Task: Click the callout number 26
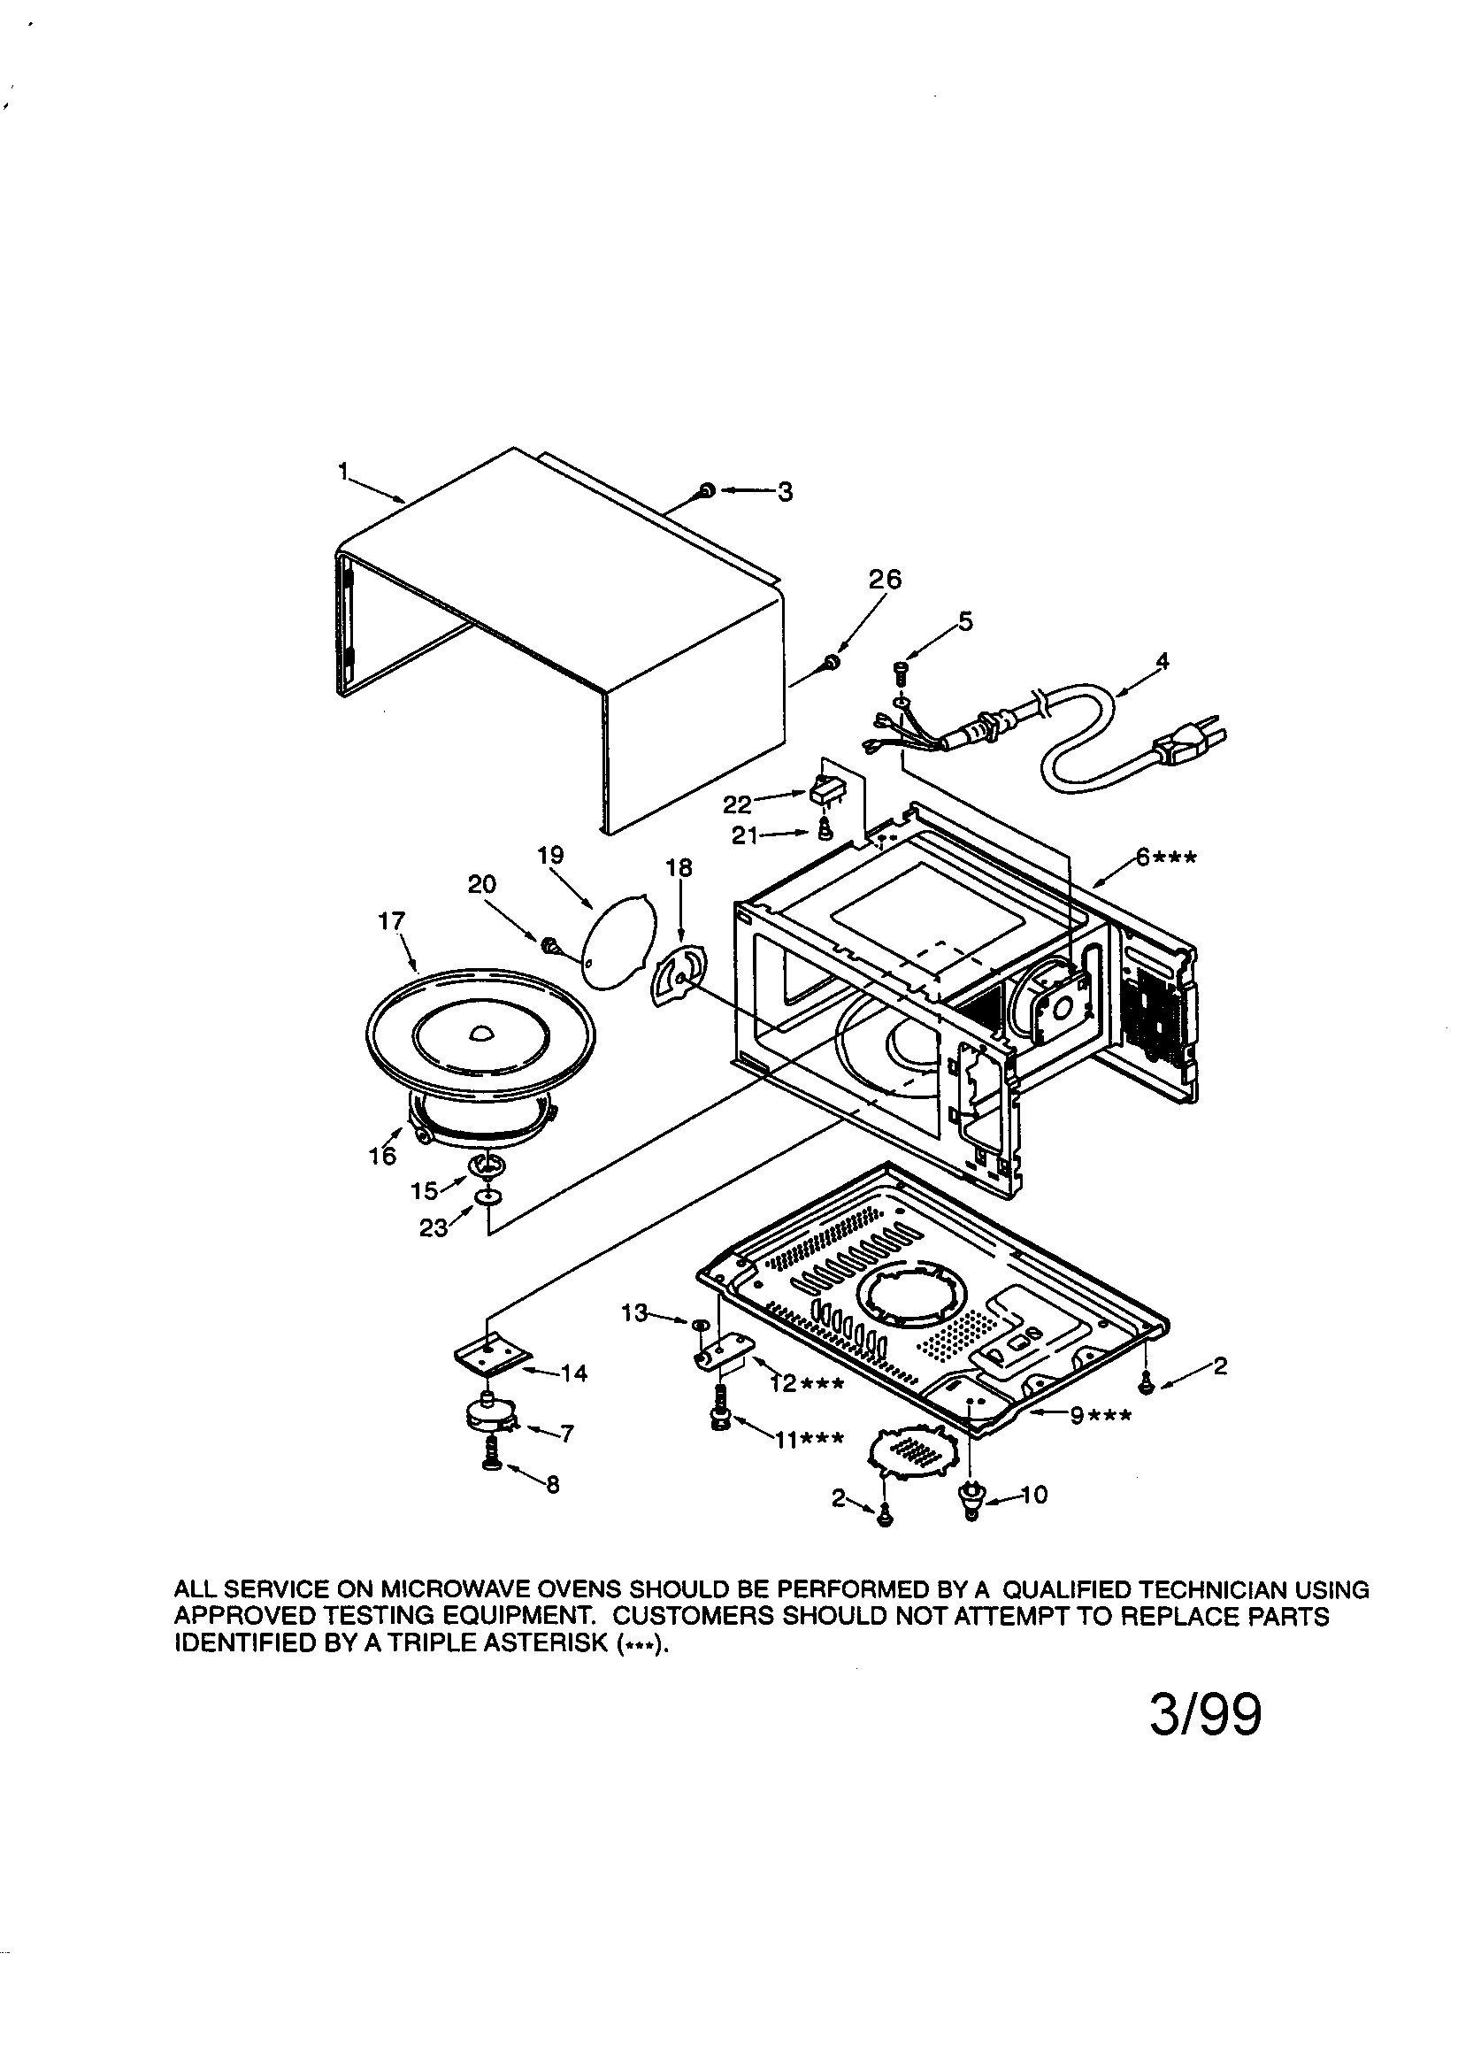coord(884,580)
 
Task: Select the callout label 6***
coord(1165,857)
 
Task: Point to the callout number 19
coord(550,854)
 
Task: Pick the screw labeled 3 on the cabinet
coord(707,490)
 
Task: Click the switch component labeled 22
coord(827,792)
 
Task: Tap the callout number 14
coord(574,1373)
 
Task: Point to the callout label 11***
coord(809,1439)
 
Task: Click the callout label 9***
coord(1101,1416)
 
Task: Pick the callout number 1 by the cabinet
coord(342,470)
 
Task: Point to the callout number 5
coord(965,622)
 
